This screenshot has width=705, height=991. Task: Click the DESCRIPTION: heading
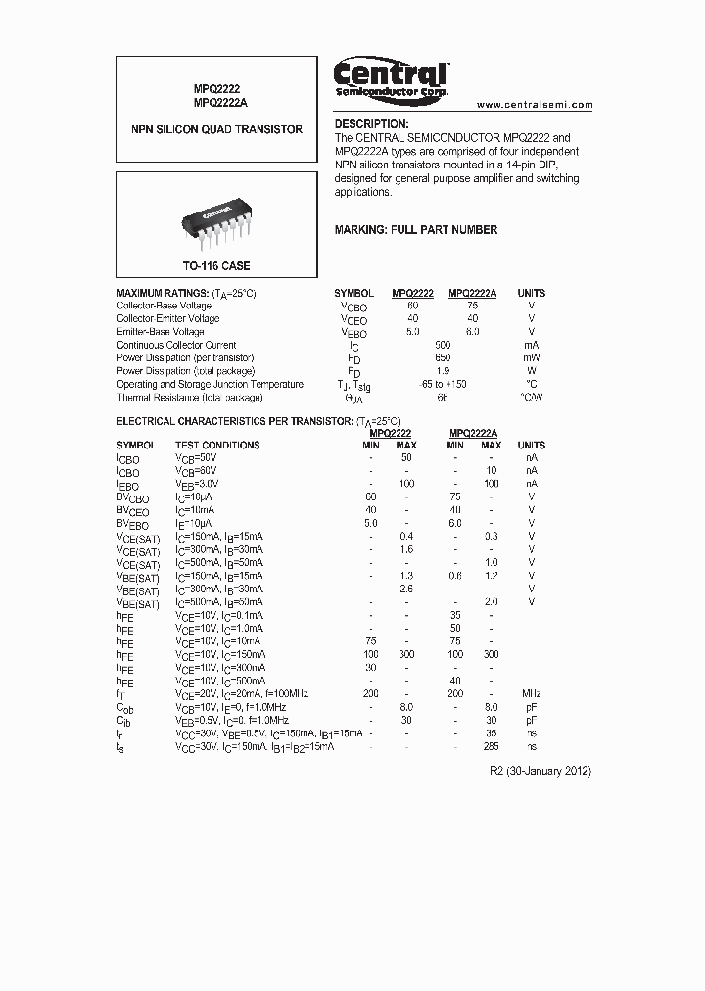click(371, 124)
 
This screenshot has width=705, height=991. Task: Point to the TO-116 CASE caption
click(216, 266)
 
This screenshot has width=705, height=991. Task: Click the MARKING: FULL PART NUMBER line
click(416, 230)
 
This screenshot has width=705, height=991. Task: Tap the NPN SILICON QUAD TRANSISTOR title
click(217, 129)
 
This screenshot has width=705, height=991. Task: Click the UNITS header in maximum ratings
click(532, 293)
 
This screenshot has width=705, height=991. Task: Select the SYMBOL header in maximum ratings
click(353, 293)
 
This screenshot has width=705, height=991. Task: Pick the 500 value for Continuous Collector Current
click(443, 345)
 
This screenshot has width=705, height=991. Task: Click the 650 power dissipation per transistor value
click(443, 358)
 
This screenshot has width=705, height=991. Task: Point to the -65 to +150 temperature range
click(443, 385)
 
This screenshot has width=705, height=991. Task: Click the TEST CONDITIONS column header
click(217, 446)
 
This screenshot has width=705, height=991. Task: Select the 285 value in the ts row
click(492, 746)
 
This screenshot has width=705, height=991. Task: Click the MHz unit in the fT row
click(532, 693)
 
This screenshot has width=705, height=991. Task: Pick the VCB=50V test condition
click(196, 458)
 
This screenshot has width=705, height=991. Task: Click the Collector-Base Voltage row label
click(164, 306)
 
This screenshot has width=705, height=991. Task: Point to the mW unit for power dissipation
click(532, 358)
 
